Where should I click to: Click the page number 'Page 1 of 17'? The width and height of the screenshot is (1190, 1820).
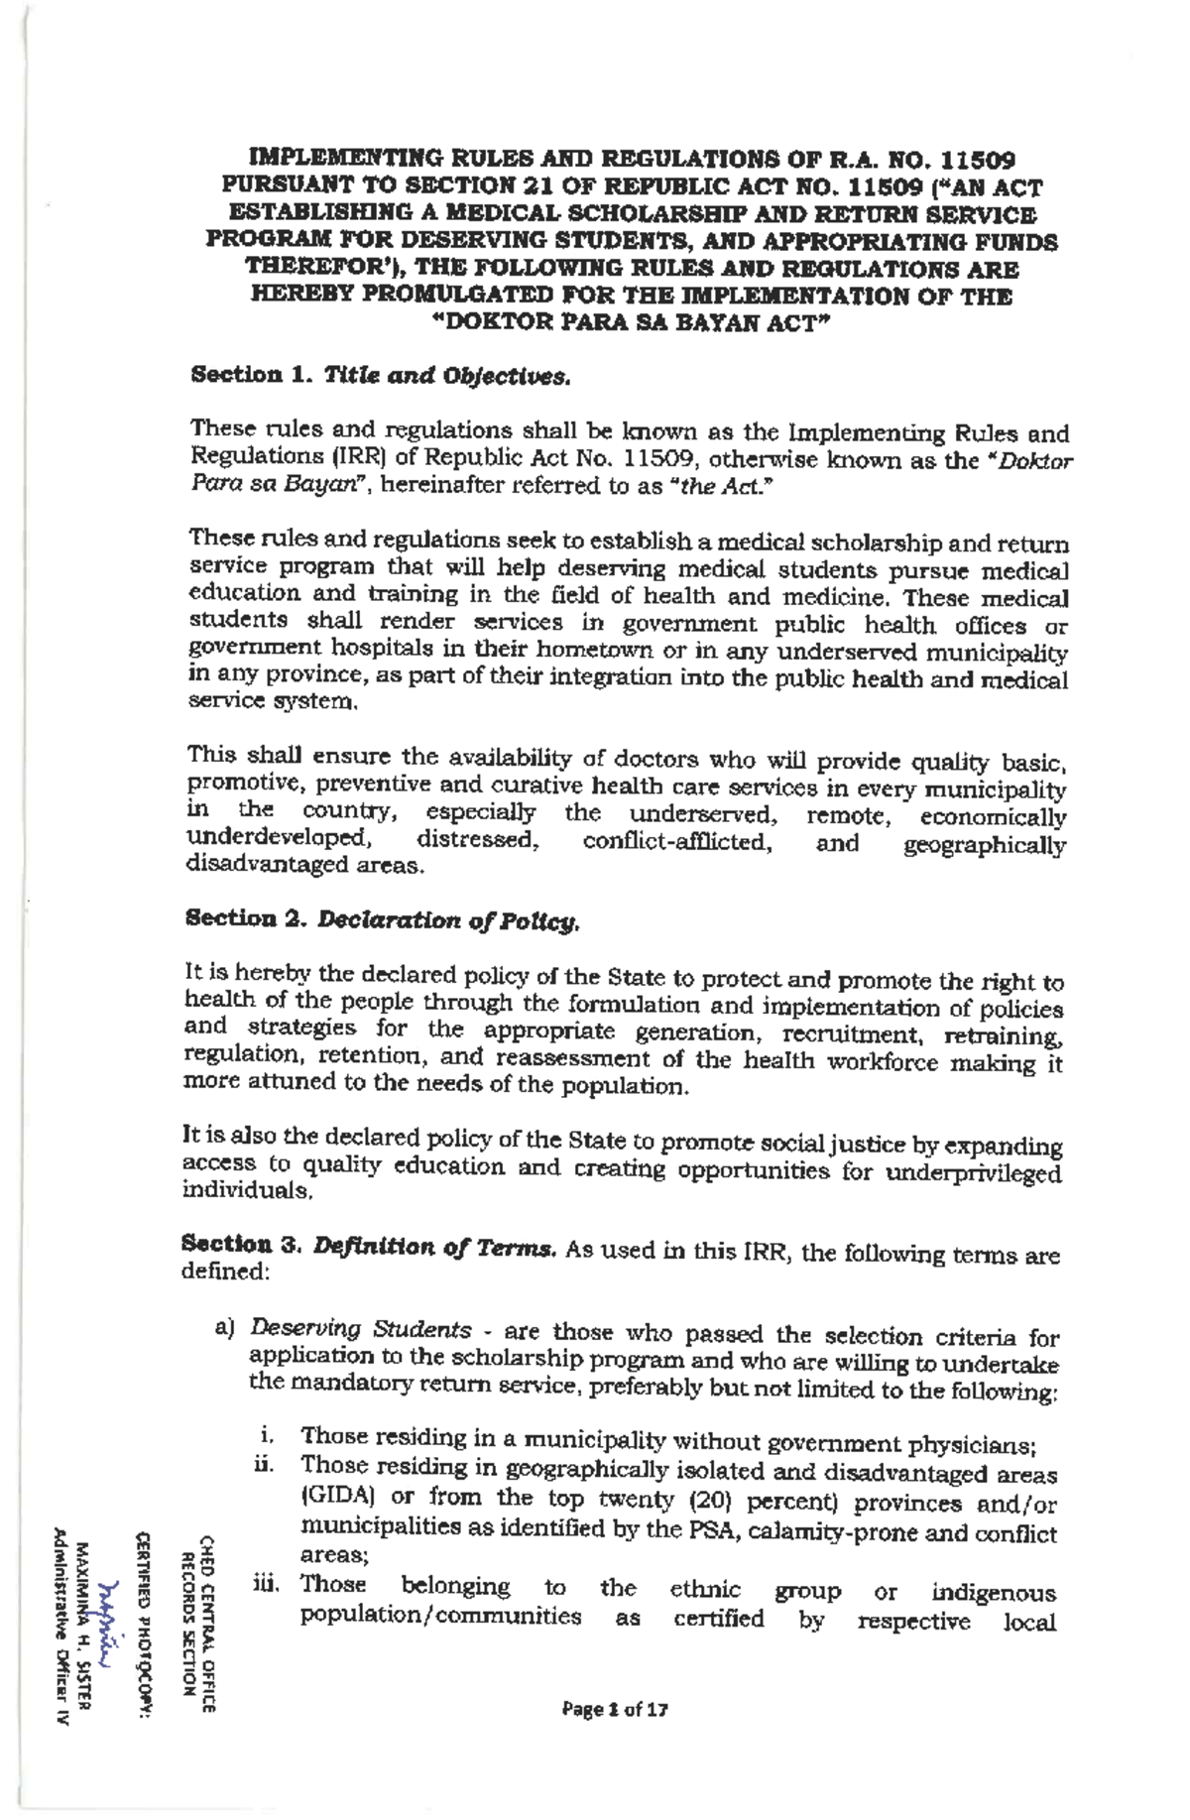[615, 1709]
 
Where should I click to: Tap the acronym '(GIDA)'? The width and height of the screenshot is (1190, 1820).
[334, 1497]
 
